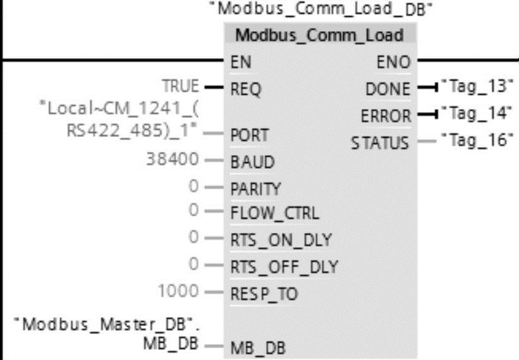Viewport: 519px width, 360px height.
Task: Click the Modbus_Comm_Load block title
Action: click(319, 35)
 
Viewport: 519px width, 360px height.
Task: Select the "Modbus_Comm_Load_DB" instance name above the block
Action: click(321, 9)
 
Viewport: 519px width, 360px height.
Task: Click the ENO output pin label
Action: click(393, 62)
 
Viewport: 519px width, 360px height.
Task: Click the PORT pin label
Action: click(249, 135)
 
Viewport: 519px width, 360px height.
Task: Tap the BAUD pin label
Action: click(252, 162)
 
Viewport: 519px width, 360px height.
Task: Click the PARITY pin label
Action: click(255, 188)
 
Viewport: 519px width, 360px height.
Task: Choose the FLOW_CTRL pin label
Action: click(274, 214)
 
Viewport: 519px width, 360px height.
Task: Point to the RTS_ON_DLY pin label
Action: click(280, 240)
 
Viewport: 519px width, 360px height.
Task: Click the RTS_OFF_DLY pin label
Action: click(283, 267)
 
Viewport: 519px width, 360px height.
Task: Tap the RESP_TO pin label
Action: click(264, 293)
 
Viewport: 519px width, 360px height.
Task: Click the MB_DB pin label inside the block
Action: click(258, 348)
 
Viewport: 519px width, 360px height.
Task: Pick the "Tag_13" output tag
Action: click(477, 86)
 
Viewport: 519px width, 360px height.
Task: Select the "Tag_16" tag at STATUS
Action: click(477, 139)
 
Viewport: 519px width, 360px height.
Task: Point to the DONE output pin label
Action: click(388, 88)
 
